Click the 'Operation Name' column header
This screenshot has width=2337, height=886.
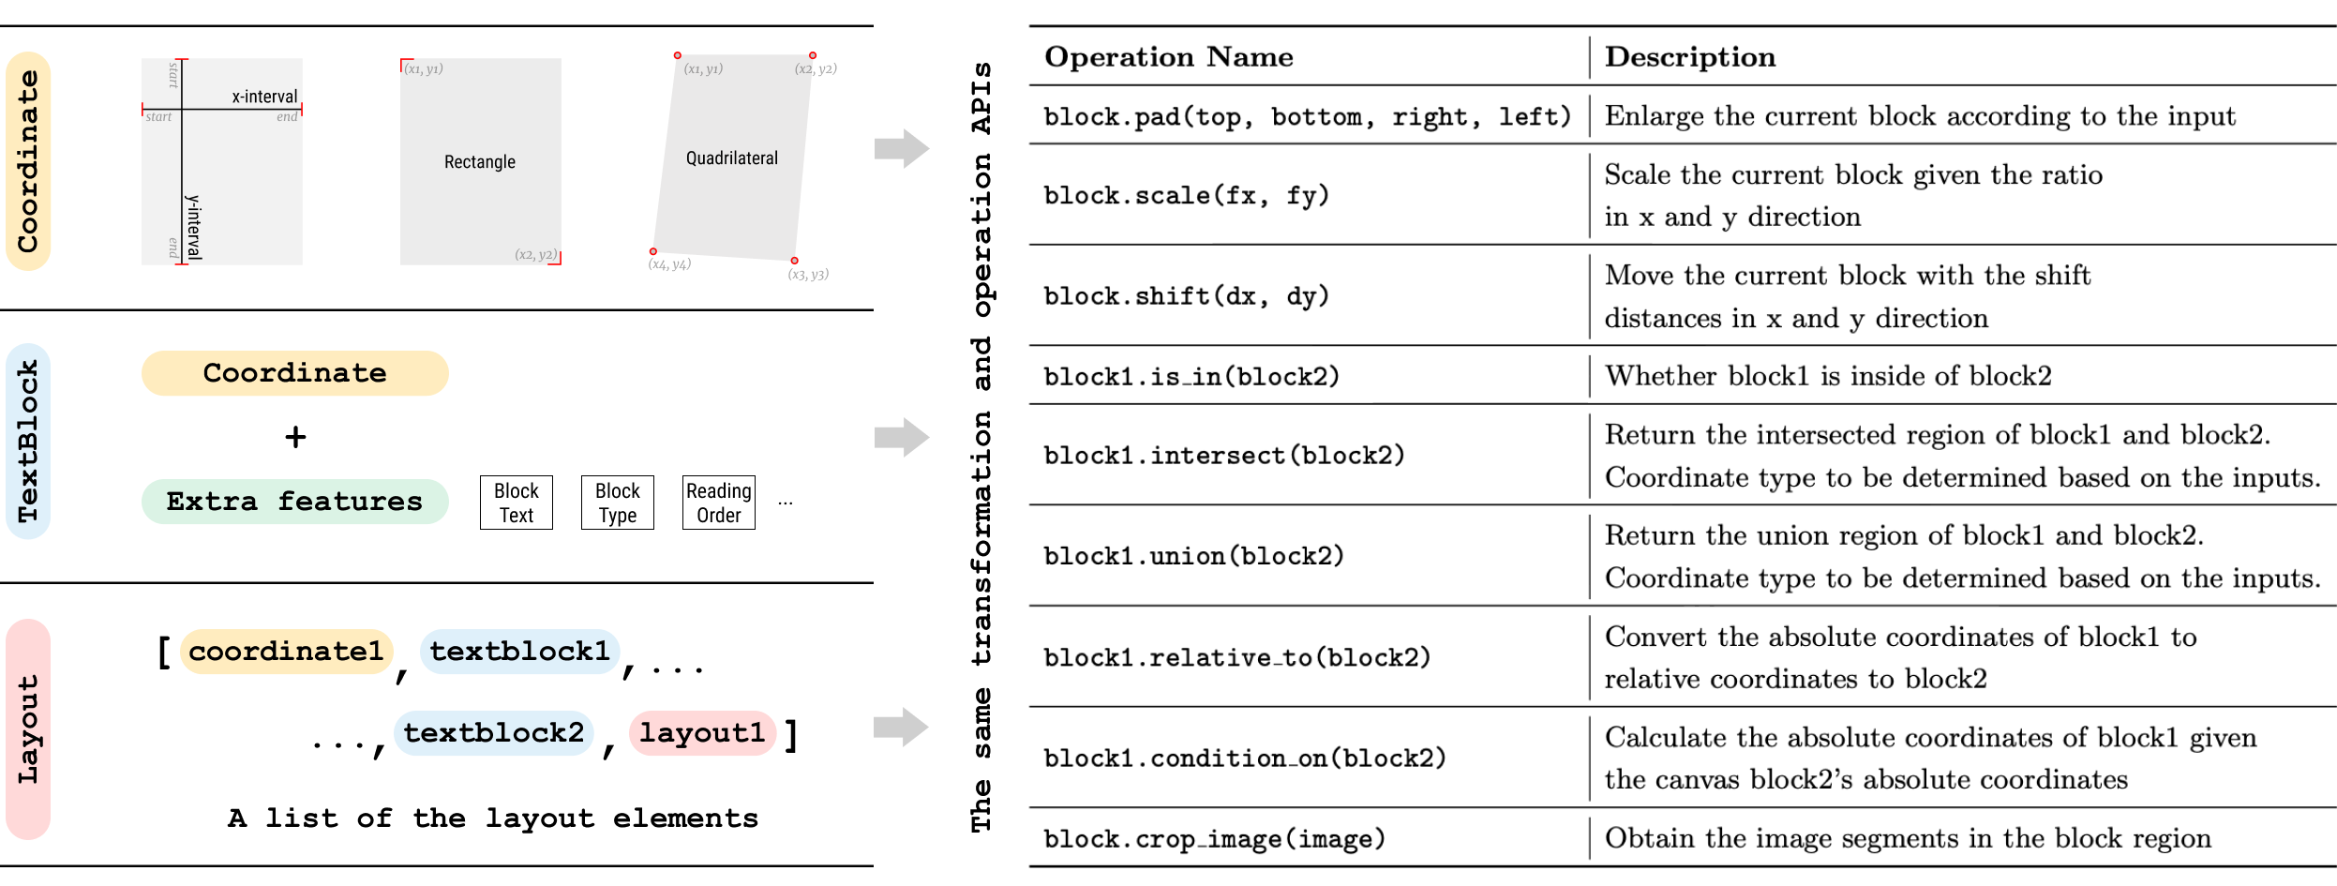[1168, 57]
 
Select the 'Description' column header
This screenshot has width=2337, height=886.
[1690, 57]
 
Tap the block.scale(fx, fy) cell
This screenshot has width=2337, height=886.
[1186, 196]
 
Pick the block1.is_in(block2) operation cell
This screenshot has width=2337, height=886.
[1191, 377]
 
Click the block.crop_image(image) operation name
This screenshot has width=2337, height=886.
[1214, 839]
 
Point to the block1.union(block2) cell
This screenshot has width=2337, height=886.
[1193, 557]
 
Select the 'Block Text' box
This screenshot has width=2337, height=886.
[517, 503]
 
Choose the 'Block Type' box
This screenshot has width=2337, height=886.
[618, 503]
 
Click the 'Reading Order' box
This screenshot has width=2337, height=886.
[719, 503]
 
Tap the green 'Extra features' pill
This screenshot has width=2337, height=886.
[294, 502]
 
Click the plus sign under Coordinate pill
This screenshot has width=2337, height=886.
[295, 437]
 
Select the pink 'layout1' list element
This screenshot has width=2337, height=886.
[702, 733]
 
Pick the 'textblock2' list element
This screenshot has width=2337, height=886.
[494, 733]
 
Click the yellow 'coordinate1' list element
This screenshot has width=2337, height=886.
[286, 652]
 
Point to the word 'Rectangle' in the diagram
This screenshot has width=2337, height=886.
[480, 162]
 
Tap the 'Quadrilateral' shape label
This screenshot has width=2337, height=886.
[732, 158]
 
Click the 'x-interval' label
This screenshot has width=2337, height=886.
[264, 97]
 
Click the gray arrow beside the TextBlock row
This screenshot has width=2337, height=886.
[902, 437]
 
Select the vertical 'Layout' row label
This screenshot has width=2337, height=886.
[28, 729]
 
